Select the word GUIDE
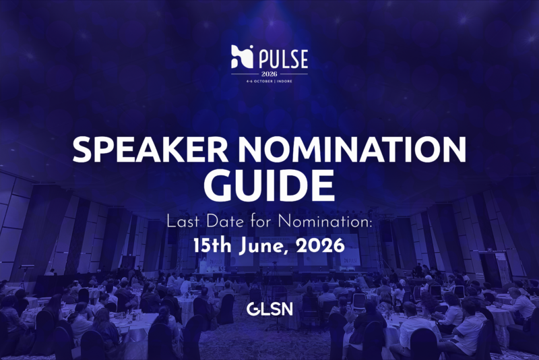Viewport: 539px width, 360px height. coord(269,184)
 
